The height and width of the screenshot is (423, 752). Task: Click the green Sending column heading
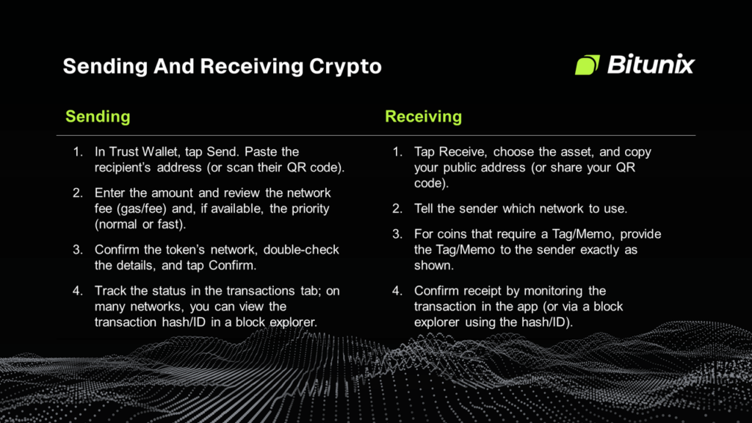pyautogui.click(x=98, y=116)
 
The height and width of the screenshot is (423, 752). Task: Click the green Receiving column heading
pyautogui.click(x=423, y=116)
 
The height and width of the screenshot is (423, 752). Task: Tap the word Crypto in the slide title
pyautogui.click(x=345, y=66)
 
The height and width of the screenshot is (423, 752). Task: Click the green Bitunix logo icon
pyautogui.click(x=587, y=65)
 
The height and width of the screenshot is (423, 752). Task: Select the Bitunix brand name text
pyautogui.click(x=650, y=65)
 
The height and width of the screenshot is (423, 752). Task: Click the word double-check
pyautogui.click(x=303, y=250)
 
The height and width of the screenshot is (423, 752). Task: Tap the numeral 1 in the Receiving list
pyautogui.click(x=397, y=152)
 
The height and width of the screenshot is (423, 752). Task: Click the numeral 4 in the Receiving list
pyautogui.click(x=397, y=291)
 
